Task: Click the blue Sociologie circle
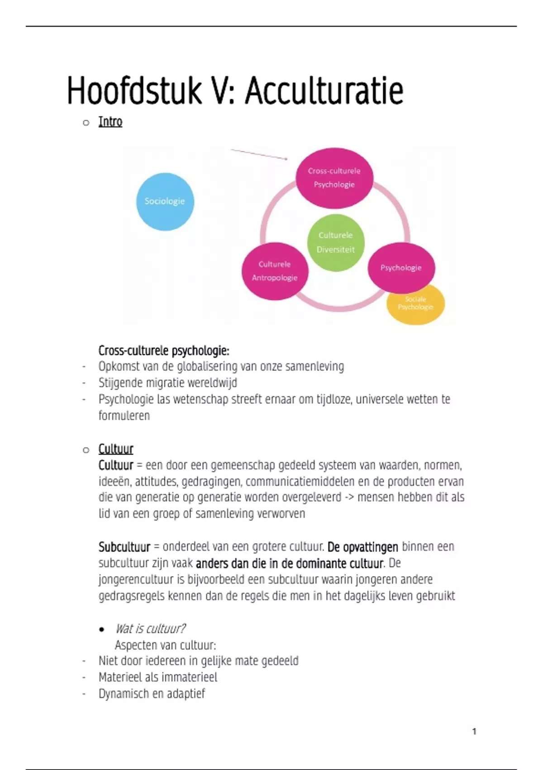(x=165, y=202)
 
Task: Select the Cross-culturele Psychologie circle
(x=334, y=178)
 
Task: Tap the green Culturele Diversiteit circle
(x=335, y=242)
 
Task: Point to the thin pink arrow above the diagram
(x=259, y=154)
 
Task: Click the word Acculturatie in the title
(x=324, y=91)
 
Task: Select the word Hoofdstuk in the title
(x=134, y=91)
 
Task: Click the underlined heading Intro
(x=110, y=122)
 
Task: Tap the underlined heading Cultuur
(x=116, y=449)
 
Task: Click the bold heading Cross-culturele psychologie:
(x=164, y=351)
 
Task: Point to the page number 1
(x=474, y=731)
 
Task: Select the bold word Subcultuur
(x=124, y=547)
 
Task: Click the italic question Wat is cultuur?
(x=150, y=629)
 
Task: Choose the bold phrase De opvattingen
(x=362, y=547)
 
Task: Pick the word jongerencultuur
(x=136, y=580)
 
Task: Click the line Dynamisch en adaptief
(x=152, y=694)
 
